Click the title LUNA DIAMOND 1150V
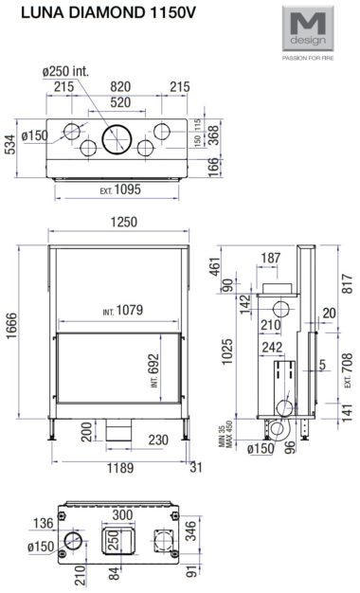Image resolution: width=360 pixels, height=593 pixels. click(108, 13)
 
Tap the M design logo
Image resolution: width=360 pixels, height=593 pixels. click(308, 28)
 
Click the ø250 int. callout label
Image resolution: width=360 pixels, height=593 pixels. click(65, 71)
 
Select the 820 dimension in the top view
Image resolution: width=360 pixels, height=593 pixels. click(120, 86)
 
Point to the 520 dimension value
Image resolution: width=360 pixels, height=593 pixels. click(120, 102)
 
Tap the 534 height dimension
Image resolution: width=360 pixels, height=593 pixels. click(10, 144)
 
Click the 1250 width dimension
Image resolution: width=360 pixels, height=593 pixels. click(124, 222)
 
